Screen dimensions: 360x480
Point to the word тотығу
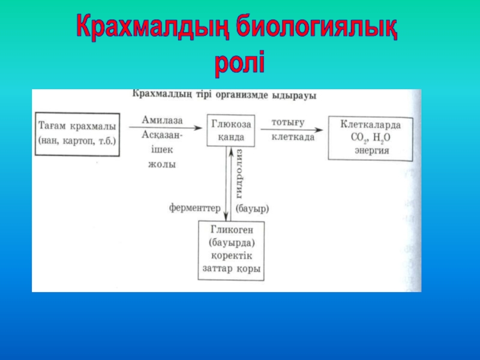tap(288, 122)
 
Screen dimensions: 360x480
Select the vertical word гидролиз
tap(239, 174)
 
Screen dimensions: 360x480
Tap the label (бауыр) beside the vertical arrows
tap(252, 209)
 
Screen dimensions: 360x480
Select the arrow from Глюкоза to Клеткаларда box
tap(297, 129)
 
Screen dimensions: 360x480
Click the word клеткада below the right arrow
tap(293, 137)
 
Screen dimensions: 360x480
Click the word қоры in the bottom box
tap(249, 269)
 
